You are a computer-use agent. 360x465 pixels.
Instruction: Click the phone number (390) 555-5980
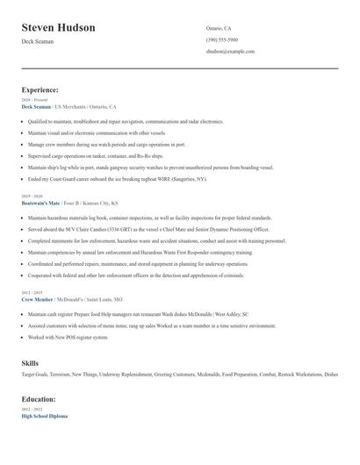221,39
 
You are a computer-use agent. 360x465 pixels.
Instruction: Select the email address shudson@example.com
230,52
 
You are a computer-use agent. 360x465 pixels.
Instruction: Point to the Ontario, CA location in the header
220,28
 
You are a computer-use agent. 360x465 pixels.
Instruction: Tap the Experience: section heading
40,89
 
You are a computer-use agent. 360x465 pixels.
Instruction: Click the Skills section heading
30,361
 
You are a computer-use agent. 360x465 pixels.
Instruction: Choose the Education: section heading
39,398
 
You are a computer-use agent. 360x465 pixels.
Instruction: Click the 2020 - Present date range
31,101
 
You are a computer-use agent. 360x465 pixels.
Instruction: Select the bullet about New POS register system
68,337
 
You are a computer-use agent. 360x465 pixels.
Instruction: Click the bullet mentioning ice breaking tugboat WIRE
117,178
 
